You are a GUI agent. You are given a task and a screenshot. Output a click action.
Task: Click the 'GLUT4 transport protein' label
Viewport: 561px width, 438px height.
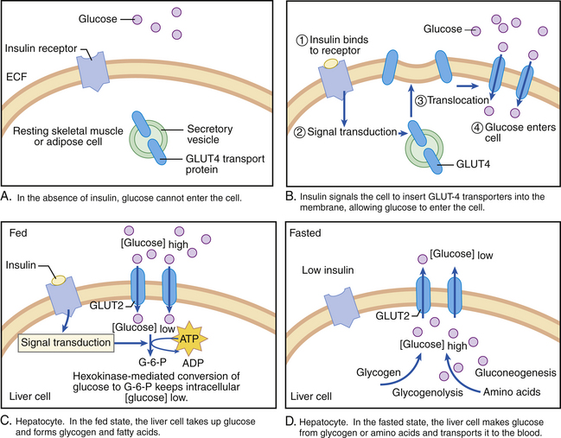click(215, 163)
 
